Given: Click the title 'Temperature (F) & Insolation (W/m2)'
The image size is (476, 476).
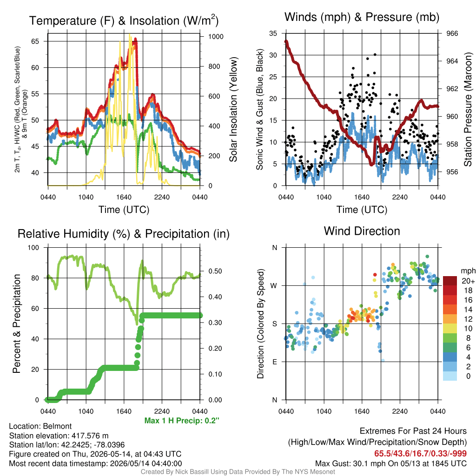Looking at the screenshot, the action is (x=124, y=20).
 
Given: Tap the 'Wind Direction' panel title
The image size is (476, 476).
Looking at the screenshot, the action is (x=362, y=231).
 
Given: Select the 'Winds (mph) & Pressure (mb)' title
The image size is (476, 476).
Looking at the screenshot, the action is (x=362, y=17).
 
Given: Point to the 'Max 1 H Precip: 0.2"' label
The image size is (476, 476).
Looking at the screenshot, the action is (x=182, y=420).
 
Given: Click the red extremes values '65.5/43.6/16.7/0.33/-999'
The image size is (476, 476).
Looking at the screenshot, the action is (x=420, y=453).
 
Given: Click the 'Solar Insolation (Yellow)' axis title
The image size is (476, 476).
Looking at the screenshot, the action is (x=233, y=110).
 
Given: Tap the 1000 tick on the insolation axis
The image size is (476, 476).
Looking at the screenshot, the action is (x=216, y=37).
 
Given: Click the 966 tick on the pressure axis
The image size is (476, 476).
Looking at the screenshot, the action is (x=452, y=33).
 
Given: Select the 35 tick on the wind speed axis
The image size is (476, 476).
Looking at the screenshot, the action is (x=273, y=33).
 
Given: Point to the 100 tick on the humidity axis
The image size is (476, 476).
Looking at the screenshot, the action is (x=33, y=248).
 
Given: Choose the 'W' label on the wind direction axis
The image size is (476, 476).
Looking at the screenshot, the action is (x=274, y=286).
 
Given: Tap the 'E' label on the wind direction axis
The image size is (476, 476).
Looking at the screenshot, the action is (x=274, y=362).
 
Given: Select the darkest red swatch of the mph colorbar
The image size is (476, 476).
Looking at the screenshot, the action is (x=450, y=281).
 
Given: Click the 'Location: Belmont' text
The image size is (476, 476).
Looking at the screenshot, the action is (x=40, y=426).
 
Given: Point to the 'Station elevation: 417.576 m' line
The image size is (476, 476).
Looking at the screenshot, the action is (x=59, y=436).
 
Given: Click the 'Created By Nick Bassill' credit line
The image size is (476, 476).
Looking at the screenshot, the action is (x=238, y=472).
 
